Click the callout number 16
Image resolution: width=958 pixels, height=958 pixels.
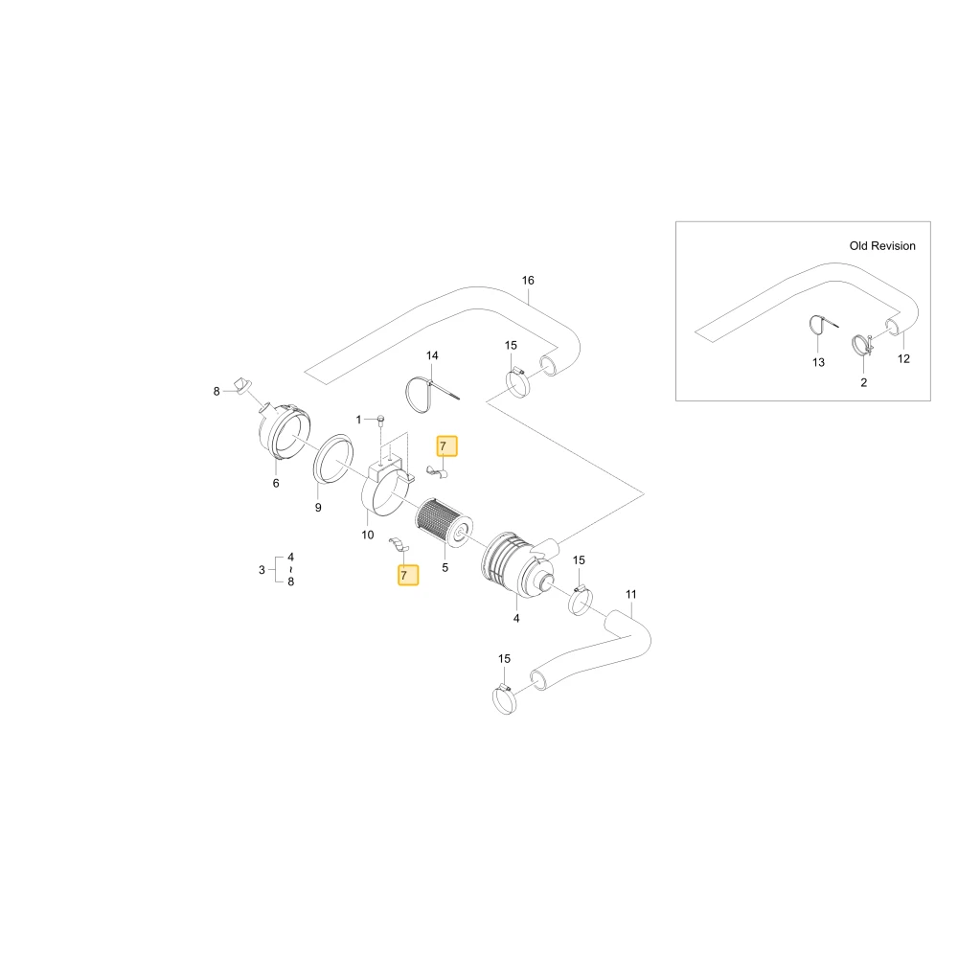point(528,281)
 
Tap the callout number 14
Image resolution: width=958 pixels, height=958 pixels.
point(432,355)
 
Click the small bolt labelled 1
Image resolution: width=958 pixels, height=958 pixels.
point(380,420)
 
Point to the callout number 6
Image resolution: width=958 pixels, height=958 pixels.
point(276,483)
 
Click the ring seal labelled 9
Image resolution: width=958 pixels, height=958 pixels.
point(333,459)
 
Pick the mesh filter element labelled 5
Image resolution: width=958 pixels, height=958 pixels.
point(445,523)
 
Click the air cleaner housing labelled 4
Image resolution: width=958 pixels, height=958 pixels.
point(519,562)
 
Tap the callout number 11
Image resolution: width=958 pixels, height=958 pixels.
point(631,595)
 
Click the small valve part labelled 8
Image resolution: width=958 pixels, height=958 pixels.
point(242,385)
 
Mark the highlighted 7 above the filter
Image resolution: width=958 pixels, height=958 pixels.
point(446,446)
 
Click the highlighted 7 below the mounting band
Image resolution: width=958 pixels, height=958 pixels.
point(408,575)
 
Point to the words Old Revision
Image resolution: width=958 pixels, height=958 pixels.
point(882,245)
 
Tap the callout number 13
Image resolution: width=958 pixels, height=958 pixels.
point(818,362)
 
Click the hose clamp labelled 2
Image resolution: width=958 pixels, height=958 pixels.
point(863,345)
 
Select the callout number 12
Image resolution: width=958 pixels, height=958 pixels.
point(903,358)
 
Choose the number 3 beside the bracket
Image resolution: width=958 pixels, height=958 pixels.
point(262,570)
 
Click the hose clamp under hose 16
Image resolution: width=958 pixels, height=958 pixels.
point(518,382)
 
